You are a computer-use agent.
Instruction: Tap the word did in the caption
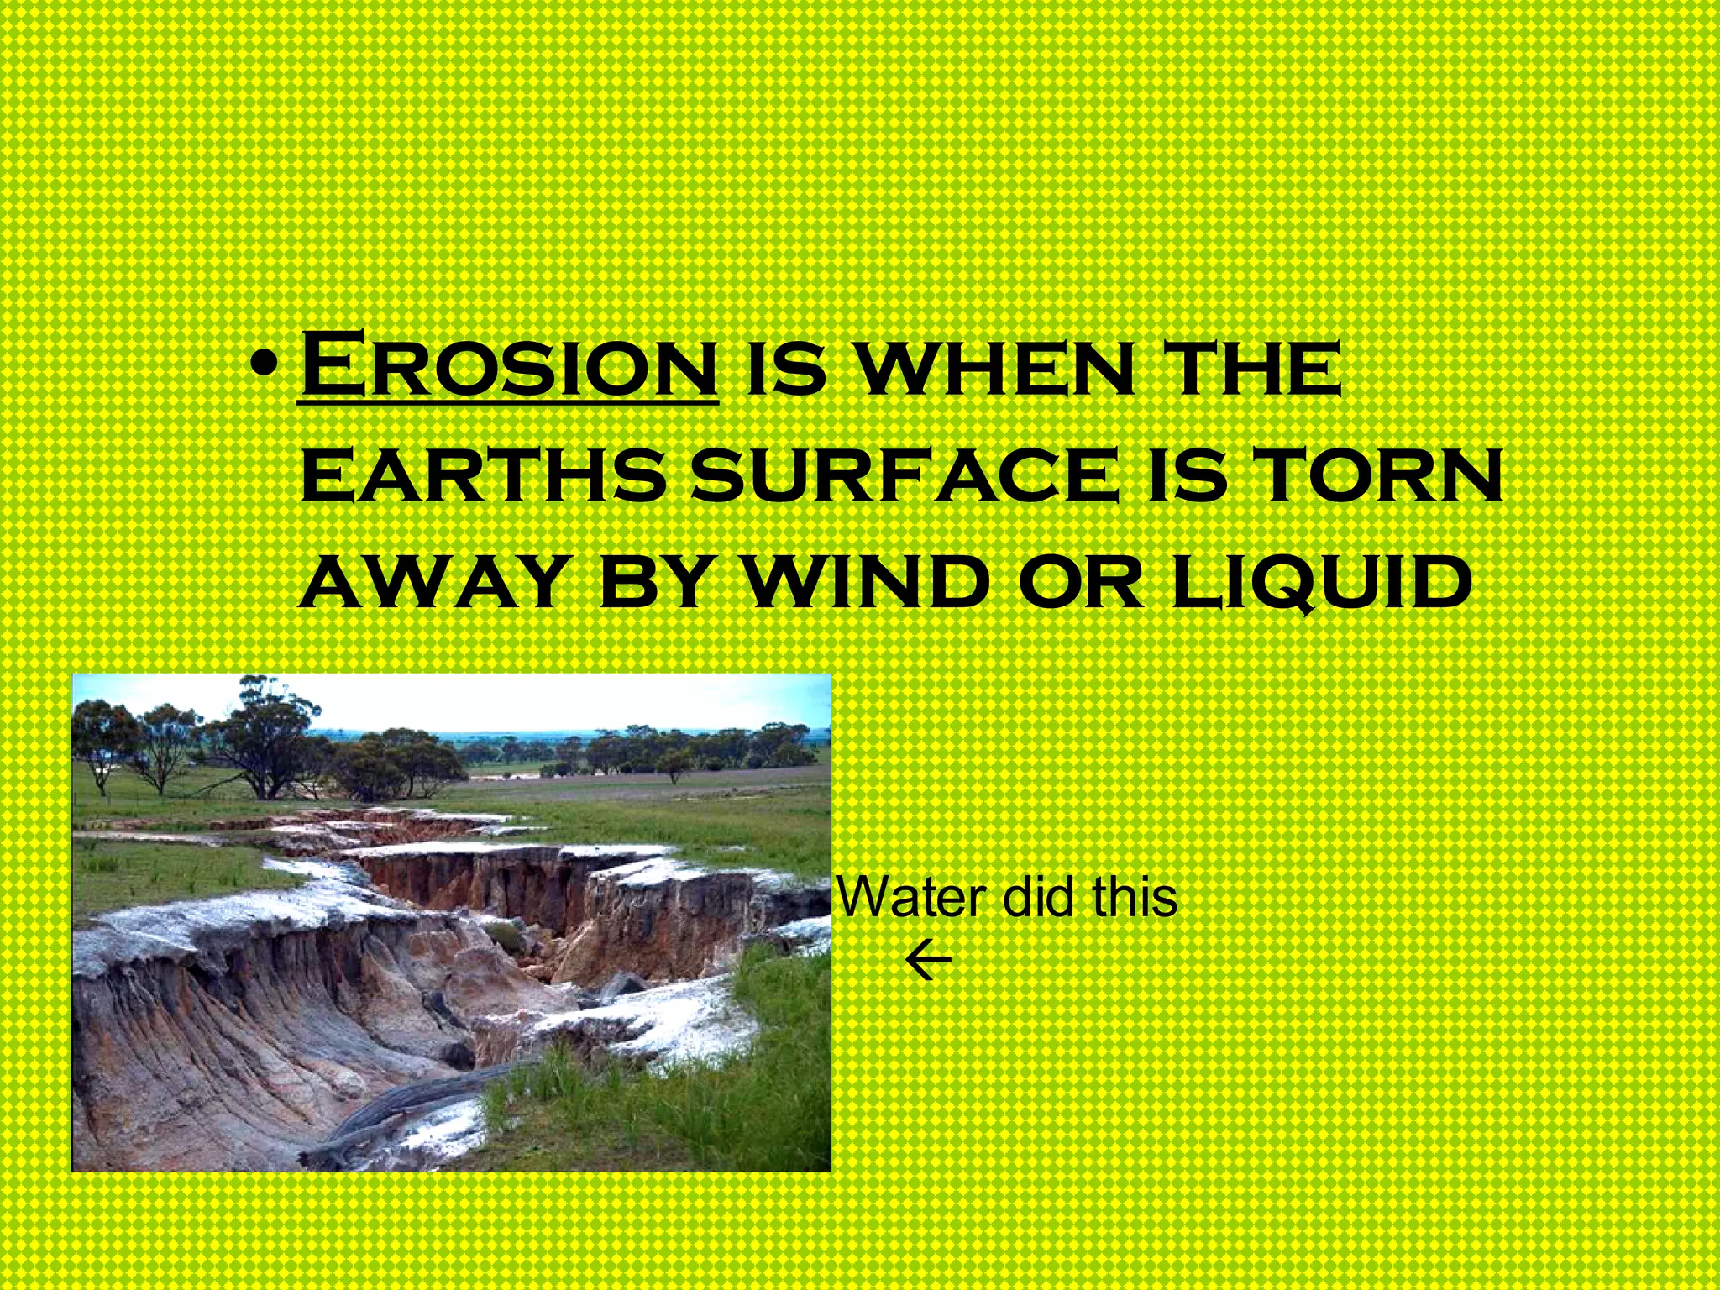1038,897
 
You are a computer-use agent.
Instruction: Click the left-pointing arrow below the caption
928,962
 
